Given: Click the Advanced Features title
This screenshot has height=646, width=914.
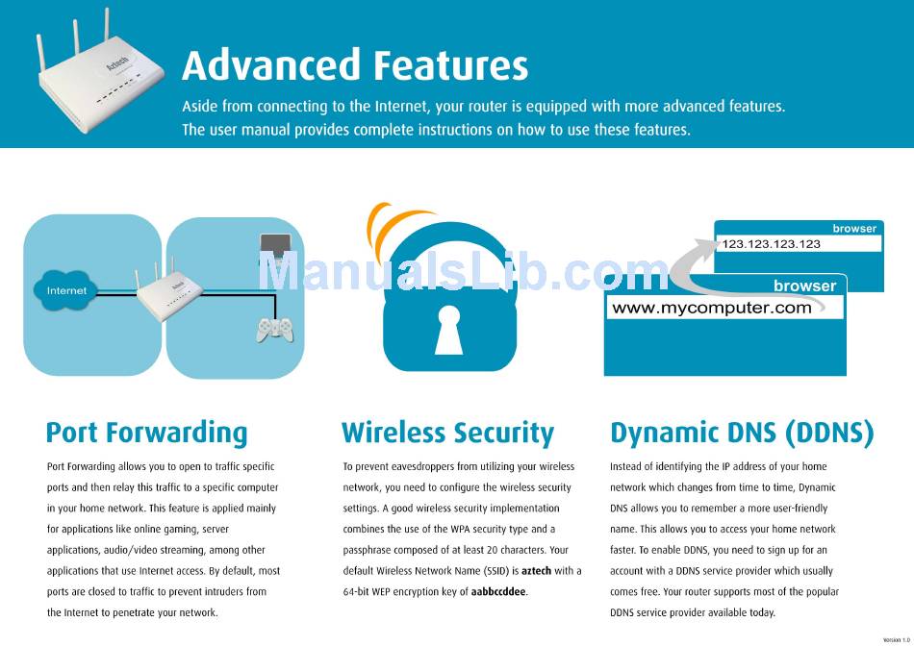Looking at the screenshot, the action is (x=355, y=64).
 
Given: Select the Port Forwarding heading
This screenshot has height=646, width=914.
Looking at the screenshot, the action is (x=147, y=434).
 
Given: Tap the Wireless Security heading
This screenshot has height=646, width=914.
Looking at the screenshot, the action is (x=447, y=434).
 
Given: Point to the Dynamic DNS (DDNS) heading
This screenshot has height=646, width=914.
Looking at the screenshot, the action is (x=742, y=434).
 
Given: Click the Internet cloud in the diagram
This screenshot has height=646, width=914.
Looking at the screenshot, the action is (x=64, y=290).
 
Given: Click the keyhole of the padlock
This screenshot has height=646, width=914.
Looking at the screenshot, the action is (x=449, y=330).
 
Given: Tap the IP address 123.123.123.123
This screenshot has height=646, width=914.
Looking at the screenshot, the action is (x=772, y=244).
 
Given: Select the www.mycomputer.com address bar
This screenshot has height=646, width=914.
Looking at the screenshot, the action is (x=724, y=308).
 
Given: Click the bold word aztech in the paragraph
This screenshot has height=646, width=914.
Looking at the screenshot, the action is (x=536, y=571).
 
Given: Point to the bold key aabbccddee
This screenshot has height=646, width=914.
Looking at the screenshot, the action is (x=498, y=592).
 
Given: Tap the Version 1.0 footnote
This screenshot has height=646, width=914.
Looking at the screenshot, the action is (x=897, y=639).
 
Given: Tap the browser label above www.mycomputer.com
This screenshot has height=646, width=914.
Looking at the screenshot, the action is (x=805, y=286).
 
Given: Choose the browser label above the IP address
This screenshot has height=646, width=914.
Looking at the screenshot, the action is (x=854, y=229).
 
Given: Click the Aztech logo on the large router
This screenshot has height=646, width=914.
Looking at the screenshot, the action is (x=117, y=64).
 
